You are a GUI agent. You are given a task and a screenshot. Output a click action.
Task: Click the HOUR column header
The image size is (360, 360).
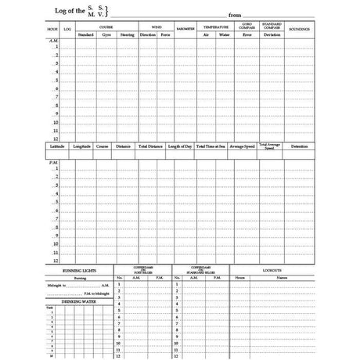click(x=52, y=29)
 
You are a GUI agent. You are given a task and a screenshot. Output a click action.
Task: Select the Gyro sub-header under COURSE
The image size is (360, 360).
click(x=106, y=34)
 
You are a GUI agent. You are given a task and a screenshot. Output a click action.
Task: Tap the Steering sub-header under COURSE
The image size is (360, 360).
click(x=127, y=34)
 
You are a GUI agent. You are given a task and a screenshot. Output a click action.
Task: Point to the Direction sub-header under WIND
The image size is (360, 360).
click(x=147, y=34)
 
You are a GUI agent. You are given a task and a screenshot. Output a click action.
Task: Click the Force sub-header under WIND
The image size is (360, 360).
click(x=164, y=34)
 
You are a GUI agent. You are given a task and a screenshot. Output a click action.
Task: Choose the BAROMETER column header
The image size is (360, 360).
click(x=185, y=30)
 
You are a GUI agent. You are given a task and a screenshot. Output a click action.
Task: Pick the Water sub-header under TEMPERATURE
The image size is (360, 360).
click(x=224, y=34)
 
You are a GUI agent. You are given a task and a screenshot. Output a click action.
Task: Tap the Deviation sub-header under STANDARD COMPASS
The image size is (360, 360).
click(x=271, y=34)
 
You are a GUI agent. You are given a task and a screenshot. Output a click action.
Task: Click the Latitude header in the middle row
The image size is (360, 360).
click(x=57, y=146)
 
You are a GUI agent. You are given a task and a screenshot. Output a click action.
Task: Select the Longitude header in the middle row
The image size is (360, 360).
click(x=81, y=146)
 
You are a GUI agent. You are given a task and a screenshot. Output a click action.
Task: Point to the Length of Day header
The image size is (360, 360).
click(x=179, y=146)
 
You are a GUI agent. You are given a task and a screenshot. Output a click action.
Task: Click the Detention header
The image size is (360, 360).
click(x=299, y=146)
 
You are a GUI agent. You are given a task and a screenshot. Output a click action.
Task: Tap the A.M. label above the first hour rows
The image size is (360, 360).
click(x=53, y=41)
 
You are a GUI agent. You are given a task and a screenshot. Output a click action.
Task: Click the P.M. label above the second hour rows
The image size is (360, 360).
click(x=53, y=163)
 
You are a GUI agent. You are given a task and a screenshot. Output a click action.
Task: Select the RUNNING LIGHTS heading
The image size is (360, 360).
click(x=80, y=270)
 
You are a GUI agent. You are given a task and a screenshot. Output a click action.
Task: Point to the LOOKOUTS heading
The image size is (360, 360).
click(x=272, y=268)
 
